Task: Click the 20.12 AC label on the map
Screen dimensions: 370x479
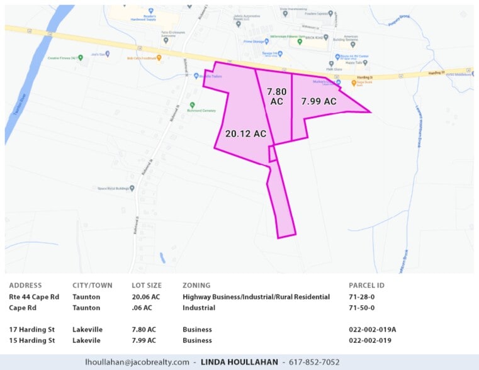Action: click(x=246, y=133)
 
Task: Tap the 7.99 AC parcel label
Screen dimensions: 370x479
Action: click(x=318, y=101)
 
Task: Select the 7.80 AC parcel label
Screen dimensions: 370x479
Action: click(x=278, y=96)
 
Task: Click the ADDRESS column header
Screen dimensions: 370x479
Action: click(x=25, y=286)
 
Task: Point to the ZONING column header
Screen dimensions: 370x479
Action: click(x=196, y=286)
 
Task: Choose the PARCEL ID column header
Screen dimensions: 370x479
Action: click(x=366, y=286)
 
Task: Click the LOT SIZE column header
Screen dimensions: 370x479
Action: click(x=147, y=286)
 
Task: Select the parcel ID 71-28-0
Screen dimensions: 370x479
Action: click(x=361, y=297)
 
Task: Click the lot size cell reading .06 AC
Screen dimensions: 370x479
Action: click(x=142, y=308)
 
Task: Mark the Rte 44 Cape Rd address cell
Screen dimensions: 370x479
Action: click(x=34, y=297)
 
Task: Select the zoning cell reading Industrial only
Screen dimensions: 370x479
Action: click(x=199, y=308)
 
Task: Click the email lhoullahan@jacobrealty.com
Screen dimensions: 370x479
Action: click(x=137, y=362)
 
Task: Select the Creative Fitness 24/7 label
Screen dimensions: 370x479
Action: click(x=65, y=59)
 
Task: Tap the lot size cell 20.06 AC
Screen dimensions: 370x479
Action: click(x=146, y=297)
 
